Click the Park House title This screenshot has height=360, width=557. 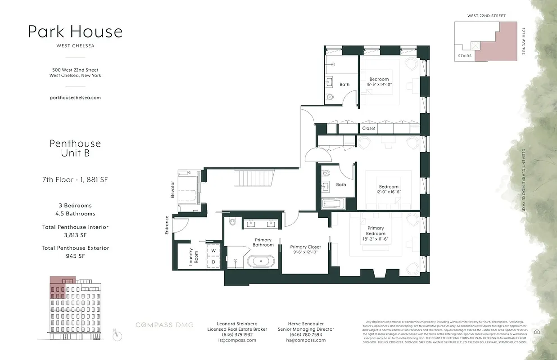point(75,32)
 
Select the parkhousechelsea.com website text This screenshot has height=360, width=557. point(75,97)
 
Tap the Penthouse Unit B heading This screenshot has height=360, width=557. point(75,148)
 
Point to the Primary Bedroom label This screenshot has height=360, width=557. point(376,231)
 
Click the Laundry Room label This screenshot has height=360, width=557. point(191,256)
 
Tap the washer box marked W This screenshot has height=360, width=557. point(213,251)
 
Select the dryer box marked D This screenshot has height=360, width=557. point(213,262)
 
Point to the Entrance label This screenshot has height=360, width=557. point(167,225)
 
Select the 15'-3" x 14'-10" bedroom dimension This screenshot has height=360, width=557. point(379,84)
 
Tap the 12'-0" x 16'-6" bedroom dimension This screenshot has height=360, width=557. point(388,192)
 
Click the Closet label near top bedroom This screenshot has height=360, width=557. point(369,128)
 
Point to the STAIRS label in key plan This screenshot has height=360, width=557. point(464,56)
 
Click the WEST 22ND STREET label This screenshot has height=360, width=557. point(486,16)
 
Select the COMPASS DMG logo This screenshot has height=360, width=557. point(165,325)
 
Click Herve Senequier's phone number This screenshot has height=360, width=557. point(306,335)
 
